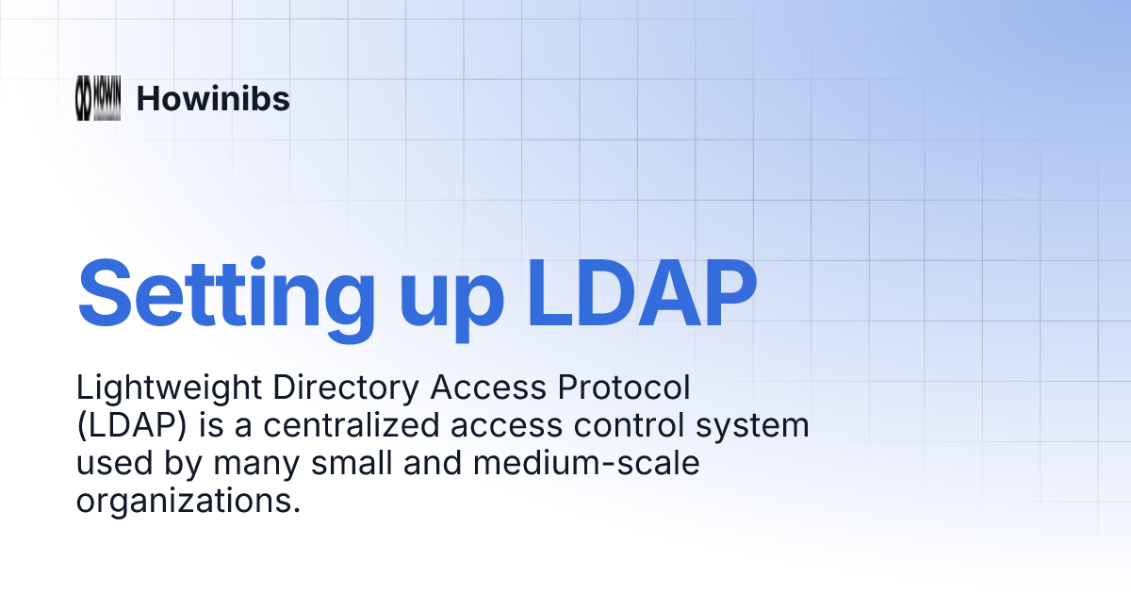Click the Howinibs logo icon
[x=98, y=98]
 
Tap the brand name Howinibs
[x=213, y=98]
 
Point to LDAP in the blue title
[x=641, y=294]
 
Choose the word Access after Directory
[x=488, y=388]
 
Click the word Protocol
[x=624, y=388]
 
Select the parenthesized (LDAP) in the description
[x=132, y=426]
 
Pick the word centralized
[x=352, y=425]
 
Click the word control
[x=630, y=425]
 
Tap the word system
[x=752, y=428]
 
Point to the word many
[x=256, y=466]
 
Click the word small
[x=352, y=463]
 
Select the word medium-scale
[x=586, y=463]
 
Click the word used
[x=115, y=463]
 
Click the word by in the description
[x=183, y=465]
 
